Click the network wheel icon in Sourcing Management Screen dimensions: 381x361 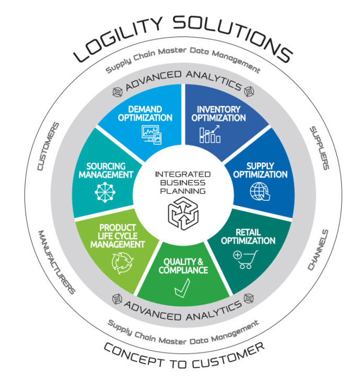(x=103, y=192)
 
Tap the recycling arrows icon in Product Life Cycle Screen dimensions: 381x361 (x=124, y=263)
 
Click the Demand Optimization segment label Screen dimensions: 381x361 (x=150, y=114)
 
